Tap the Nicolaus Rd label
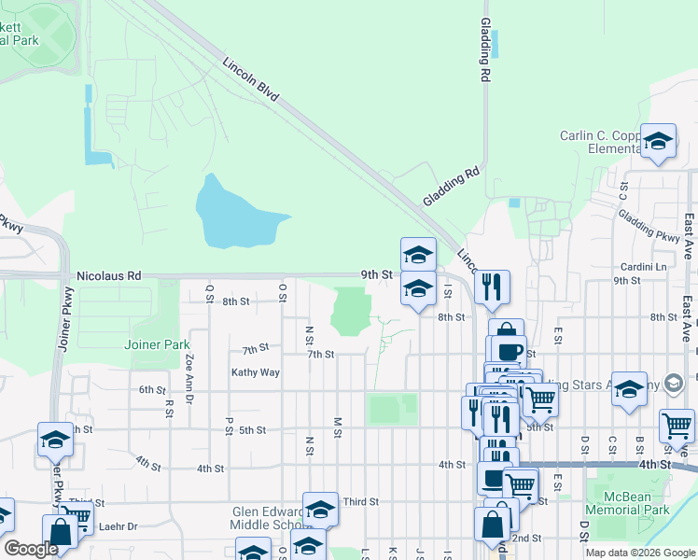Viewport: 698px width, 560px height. click(x=107, y=275)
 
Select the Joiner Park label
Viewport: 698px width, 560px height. click(x=157, y=344)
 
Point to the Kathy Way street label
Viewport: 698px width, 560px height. click(x=256, y=372)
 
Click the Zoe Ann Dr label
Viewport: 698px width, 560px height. click(x=189, y=358)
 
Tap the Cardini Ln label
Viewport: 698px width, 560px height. click(x=646, y=267)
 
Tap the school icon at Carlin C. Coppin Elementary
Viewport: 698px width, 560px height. click(x=658, y=141)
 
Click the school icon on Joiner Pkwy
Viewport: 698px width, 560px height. click(x=56, y=439)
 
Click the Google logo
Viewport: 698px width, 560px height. click(x=32, y=549)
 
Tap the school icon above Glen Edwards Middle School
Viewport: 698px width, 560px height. click(x=320, y=509)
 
